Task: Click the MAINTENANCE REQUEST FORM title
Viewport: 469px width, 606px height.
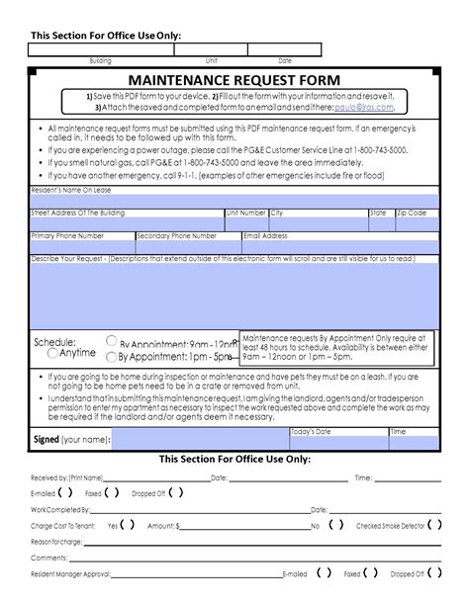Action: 234,79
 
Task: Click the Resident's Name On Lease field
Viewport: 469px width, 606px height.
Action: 234,201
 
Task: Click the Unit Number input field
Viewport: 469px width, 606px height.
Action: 245,223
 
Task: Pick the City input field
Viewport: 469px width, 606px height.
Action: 317,223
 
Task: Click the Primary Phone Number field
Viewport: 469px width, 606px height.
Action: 81,246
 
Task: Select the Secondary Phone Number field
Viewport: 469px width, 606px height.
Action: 187,246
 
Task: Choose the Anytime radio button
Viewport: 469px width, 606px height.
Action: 52,353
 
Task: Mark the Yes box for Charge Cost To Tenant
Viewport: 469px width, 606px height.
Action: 128,525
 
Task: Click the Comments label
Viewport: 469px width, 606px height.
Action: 48,557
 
